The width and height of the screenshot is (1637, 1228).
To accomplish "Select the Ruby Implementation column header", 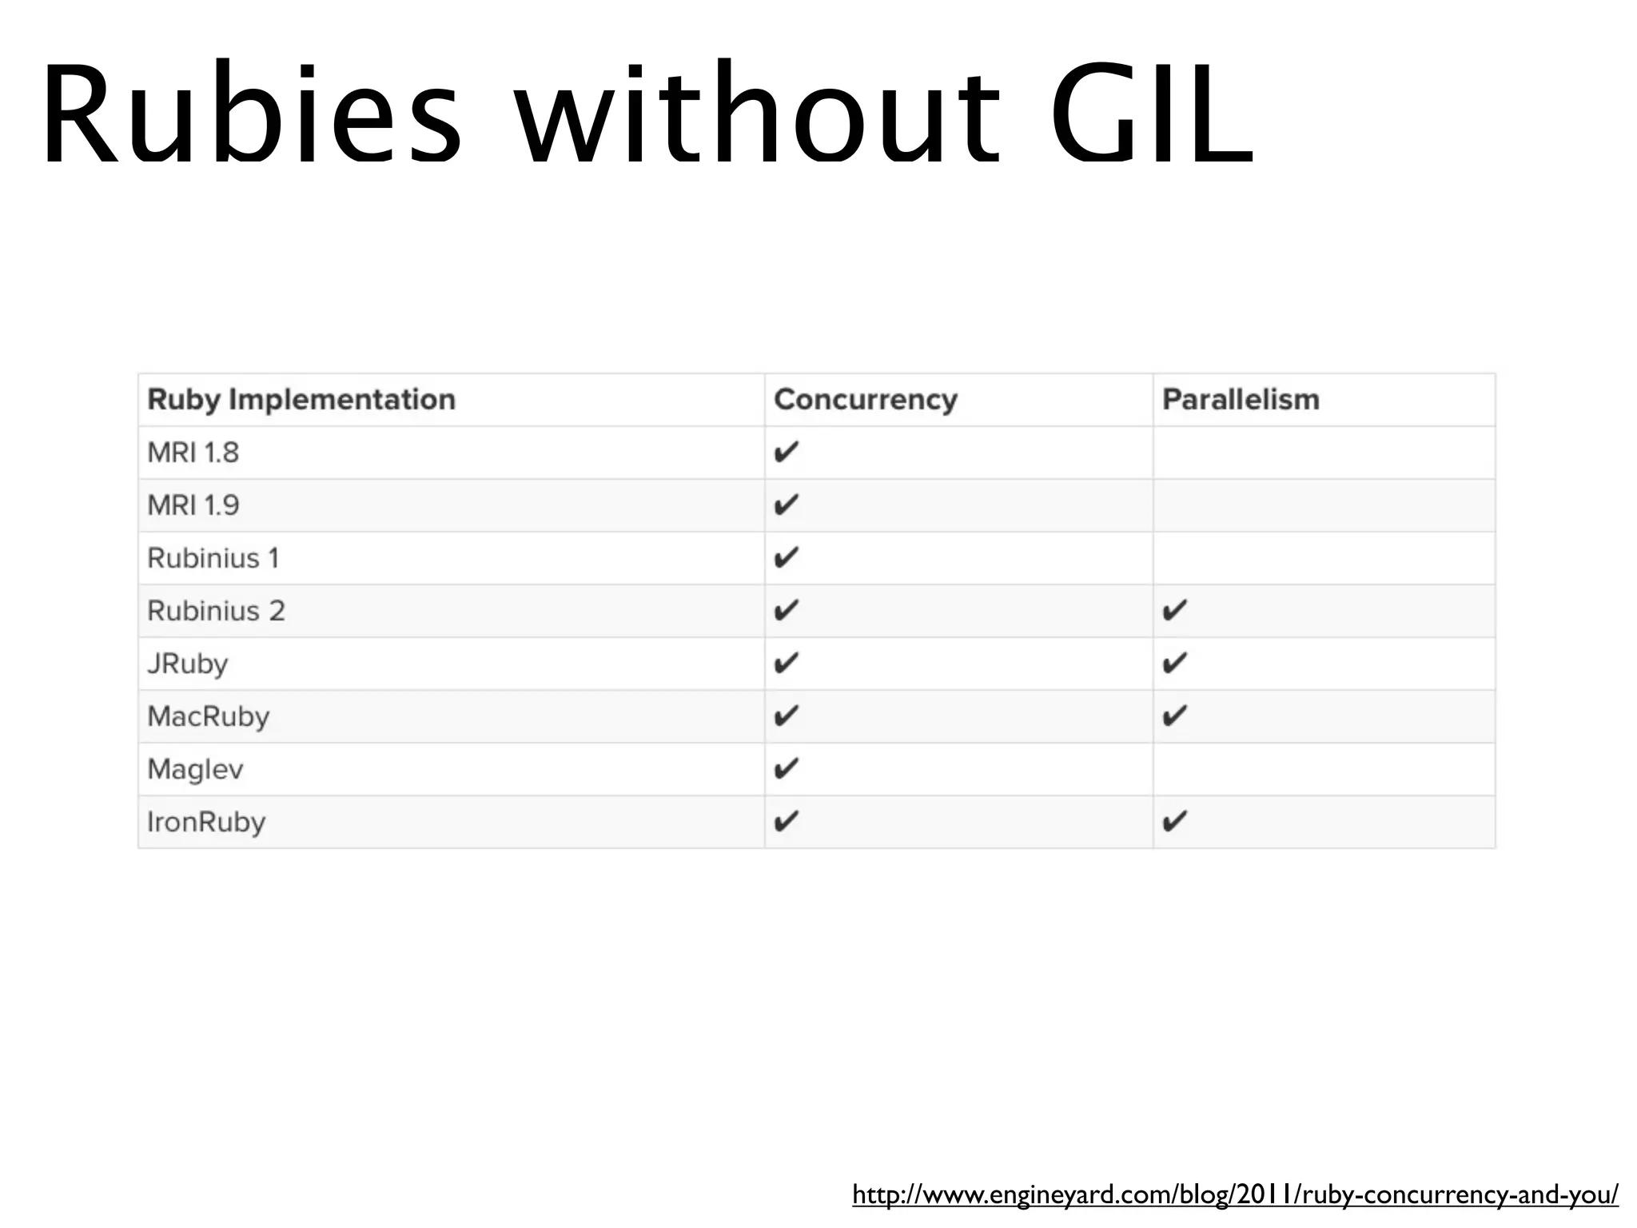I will click(301, 400).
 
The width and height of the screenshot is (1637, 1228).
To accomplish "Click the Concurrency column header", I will click(866, 400).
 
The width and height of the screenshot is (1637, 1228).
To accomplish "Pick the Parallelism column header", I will click(1241, 400).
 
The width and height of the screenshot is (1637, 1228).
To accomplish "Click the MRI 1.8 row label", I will click(193, 453).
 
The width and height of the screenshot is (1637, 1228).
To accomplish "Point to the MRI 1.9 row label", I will click(193, 505).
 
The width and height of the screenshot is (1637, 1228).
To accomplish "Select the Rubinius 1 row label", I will click(213, 558).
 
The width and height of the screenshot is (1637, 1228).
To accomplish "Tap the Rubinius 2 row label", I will click(216, 611).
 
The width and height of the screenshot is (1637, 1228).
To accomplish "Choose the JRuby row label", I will click(188, 664).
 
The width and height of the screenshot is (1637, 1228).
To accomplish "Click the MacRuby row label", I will click(209, 716).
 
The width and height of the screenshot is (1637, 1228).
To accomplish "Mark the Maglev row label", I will click(195, 769).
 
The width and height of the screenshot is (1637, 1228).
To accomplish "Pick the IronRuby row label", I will click(206, 822).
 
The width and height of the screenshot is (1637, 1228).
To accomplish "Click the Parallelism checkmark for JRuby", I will click(1174, 663).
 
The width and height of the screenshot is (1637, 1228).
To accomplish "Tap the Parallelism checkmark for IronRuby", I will click(1174, 821).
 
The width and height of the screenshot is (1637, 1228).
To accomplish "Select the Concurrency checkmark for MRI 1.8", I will click(787, 452).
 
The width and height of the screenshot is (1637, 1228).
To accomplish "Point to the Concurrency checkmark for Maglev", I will click(787, 768).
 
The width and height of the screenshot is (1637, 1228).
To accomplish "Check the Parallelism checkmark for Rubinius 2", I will click(1174, 610).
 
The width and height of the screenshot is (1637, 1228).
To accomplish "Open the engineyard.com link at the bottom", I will click(1235, 1194).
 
